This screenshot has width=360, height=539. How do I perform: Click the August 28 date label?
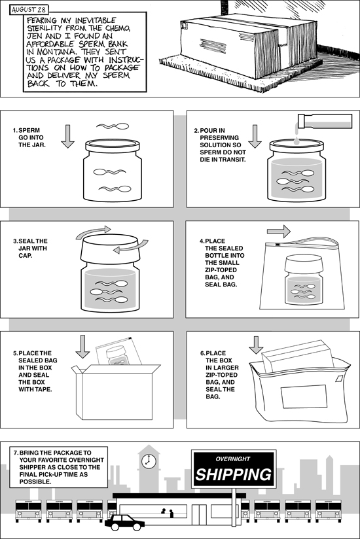click(29, 10)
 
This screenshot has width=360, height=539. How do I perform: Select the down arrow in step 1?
click(67, 137)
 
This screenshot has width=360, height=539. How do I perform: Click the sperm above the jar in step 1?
click(113, 126)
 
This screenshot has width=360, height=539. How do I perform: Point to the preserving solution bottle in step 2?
click(325, 121)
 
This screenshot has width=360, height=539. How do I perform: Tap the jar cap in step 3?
click(109, 249)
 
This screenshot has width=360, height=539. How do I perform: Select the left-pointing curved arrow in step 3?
click(130, 247)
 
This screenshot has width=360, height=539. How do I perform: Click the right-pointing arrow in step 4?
click(279, 232)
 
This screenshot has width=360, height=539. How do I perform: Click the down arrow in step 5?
click(82, 347)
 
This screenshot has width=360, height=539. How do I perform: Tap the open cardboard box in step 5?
click(116, 392)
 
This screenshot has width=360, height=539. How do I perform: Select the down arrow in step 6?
click(256, 345)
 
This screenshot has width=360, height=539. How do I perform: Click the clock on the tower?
click(149, 461)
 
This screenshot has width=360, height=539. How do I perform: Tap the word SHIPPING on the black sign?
click(234, 474)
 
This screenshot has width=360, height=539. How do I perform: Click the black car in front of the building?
click(125, 523)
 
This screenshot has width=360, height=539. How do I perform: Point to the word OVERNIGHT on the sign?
click(233, 459)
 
